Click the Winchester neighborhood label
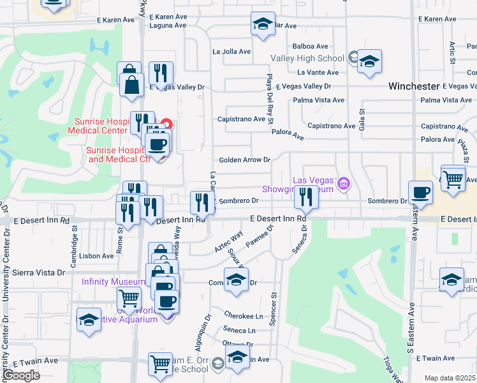[x=415, y=86]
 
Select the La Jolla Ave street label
[x=231, y=52]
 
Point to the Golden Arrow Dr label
[x=245, y=160]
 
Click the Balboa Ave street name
[x=310, y=46]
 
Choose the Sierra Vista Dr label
[x=34, y=272]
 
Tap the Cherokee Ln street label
[x=244, y=315]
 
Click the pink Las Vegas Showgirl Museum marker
[x=344, y=185]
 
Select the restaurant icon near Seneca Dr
[x=306, y=199]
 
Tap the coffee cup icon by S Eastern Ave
[x=421, y=191]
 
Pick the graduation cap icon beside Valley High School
[x=369, y=63]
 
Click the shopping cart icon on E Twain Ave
[x=160, y=364]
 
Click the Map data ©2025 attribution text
[x=450, y=378]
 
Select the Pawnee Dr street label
[x=261, y=237]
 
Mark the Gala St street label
[x=362, y=119]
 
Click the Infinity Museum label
[x=113, y=282]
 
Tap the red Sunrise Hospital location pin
[x=166, y=124]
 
